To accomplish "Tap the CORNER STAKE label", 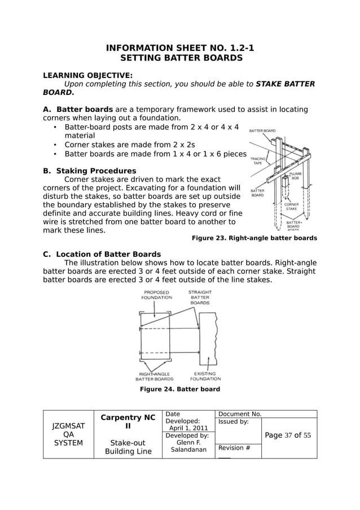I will tap(291, 207).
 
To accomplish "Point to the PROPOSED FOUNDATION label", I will tap(156, 295).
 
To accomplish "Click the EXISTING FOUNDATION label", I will tap(205, 376).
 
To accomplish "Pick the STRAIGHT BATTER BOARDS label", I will tap(200, 298).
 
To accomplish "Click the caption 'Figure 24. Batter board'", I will tap(179, 389).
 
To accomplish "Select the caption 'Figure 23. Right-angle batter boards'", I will tap(254, 238).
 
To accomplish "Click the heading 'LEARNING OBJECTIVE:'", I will tap(88, 75).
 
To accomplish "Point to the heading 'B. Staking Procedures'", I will tap(90, 171).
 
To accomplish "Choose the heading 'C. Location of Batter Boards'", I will tap(102, 254).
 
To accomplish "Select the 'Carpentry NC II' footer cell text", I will tap(128, 422).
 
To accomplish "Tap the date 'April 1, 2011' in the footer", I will tap(185, 428).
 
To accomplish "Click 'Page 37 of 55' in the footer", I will tap(288, 435).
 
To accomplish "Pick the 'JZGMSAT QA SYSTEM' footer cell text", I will tap(68, 434).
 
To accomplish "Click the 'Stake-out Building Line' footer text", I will tap(128, 447).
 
